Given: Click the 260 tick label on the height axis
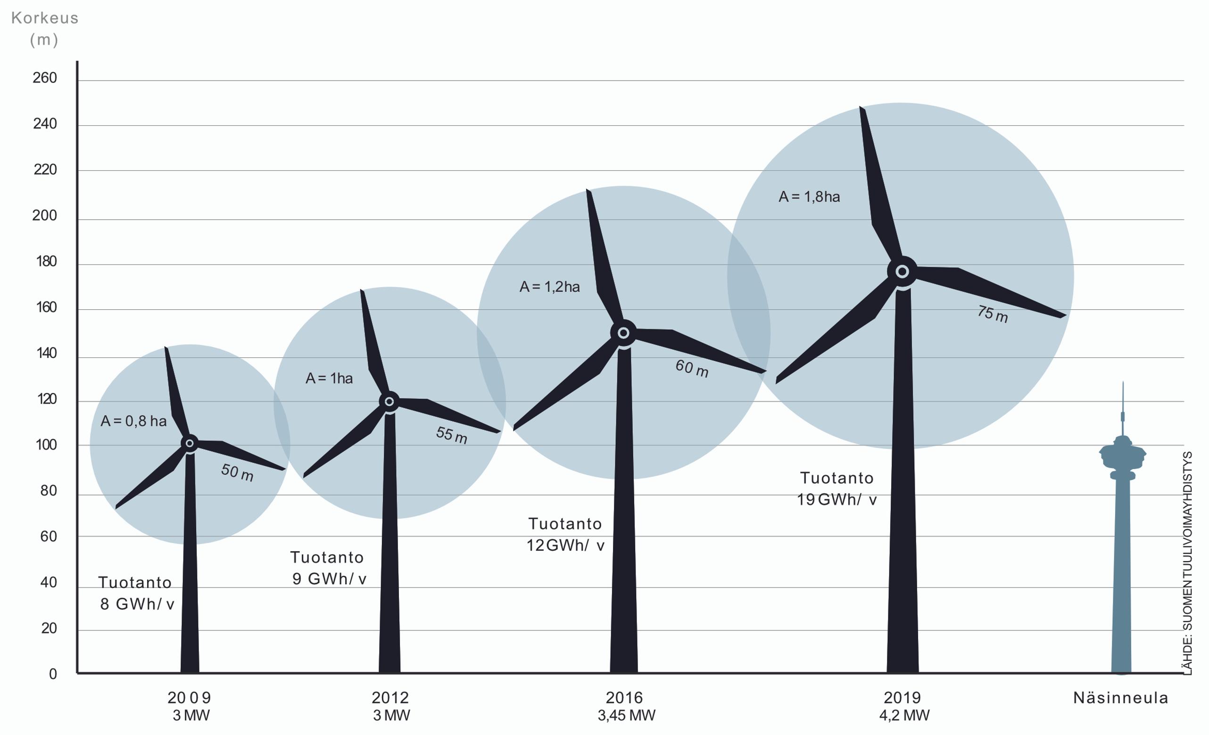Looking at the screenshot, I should tap(45, 78).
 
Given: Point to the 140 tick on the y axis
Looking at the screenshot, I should tap(46, 353).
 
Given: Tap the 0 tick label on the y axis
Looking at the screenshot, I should tap(53, 674).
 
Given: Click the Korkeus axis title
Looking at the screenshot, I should tap(45, 18).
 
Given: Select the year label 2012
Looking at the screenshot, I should tap(390, 697).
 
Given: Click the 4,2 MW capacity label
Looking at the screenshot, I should tap(904, 715).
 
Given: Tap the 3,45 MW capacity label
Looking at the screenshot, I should tap(626, 715).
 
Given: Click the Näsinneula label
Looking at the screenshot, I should tap(1121, 698).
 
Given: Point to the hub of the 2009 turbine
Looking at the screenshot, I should tap(190, 444).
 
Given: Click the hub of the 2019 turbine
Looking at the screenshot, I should tap(902, 272).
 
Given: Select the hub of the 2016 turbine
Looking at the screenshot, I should tap(623, 333).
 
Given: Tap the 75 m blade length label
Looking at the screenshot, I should tap(992, 314).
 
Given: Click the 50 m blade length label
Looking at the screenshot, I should tap(237, 473).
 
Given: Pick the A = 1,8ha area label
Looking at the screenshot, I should tap(809, 197).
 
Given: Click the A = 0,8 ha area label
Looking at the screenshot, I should tap(133, 421).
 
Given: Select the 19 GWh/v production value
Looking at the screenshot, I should tap(836, 499).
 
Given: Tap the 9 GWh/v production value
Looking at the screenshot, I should tap(329, 579).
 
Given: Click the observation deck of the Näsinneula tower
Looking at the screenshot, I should tap(1123, 454).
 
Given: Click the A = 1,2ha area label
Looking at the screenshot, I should tap(549, 287).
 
